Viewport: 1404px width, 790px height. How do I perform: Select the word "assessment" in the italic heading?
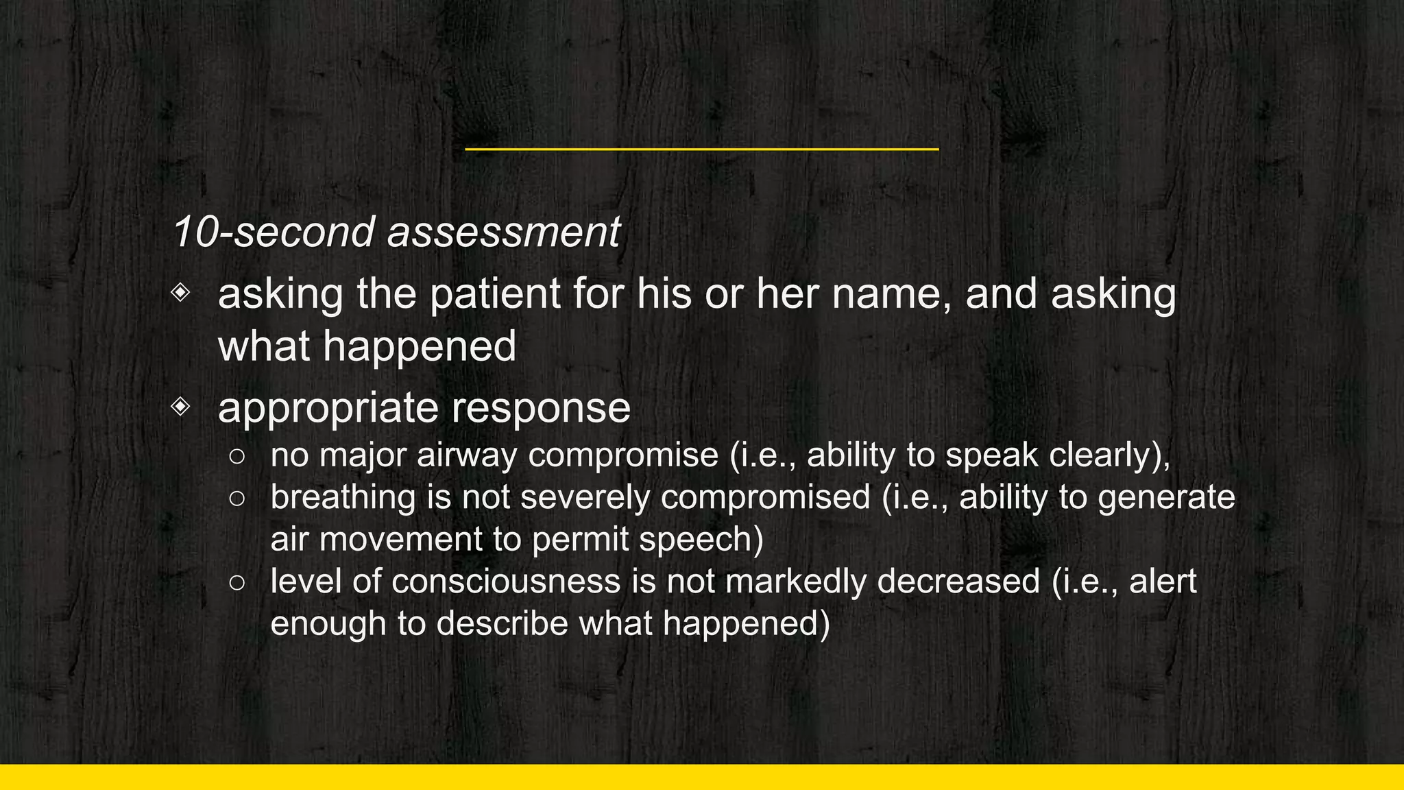point(504,232)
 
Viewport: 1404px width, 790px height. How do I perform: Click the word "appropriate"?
point(326,408)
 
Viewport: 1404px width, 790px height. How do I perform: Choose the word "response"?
point(540,408)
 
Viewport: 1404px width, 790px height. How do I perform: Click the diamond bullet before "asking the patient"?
point(180,293)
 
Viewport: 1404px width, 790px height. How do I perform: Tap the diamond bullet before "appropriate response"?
point(180,407)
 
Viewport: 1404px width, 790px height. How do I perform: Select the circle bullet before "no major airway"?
point(237,457)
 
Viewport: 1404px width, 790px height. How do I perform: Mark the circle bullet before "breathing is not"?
point(237,499)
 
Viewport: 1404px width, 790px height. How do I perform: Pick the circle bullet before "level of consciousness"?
point(237,583)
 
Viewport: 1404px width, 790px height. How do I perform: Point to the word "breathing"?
point(343,498)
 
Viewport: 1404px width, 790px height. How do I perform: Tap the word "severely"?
point(585,498)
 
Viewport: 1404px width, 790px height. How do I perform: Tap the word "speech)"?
point(701,540)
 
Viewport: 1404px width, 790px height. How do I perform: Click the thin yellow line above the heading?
point(701,149)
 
